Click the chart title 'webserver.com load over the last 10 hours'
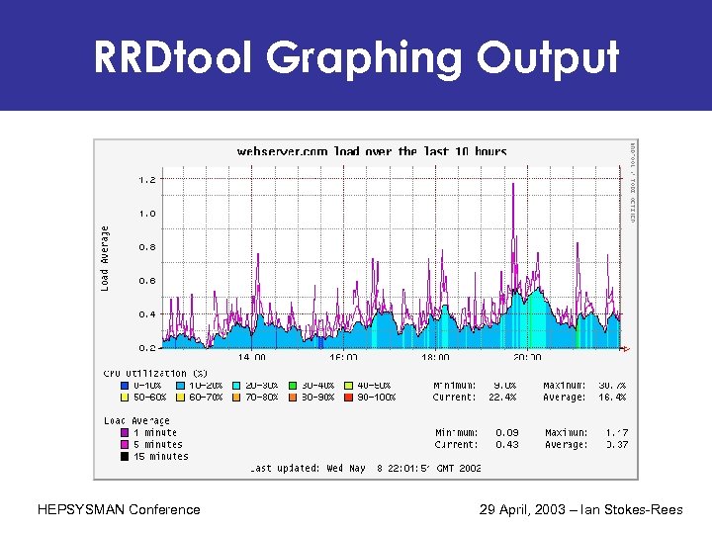point(372,151)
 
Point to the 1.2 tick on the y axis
point(145,180)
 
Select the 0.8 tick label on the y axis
point(145,247)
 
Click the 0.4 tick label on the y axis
point(145,314)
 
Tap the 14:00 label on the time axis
point(252,357)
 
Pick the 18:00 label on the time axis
point(435,357)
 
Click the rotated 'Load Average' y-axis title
point(105,255)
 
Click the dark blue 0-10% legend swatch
point(124,386)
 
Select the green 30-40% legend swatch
point(295,386)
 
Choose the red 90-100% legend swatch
point(350,398)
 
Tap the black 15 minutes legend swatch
point(124,457)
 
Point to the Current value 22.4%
point(503,398)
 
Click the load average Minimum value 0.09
point(506,433)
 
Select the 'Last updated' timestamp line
point(366,469)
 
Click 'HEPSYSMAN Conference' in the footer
point(118,510)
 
